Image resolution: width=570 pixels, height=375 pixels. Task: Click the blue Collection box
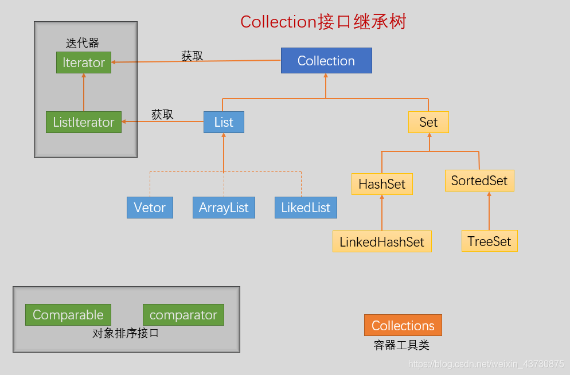(326, 60)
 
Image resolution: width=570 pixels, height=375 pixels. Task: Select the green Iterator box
(84, 62)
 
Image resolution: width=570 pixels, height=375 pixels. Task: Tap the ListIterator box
(84, 122)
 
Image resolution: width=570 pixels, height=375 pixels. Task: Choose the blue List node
(224, 122)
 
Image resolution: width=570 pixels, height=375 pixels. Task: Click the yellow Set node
(428, 122)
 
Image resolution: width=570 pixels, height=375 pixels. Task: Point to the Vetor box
(150, 208)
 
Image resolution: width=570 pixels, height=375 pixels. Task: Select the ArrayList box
(224, 208)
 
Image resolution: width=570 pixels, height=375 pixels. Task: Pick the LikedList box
(306, 208)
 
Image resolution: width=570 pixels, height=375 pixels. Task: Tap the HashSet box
(382, 184)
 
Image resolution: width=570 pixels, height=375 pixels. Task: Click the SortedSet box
(479, 181)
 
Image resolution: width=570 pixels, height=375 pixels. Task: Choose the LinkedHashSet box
(382, 241)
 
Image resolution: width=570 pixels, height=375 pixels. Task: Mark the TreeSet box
(489, 241)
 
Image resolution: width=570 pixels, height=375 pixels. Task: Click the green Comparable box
(68, 315)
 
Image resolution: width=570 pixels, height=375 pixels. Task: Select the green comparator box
(184, 315)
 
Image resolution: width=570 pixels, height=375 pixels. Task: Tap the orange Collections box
(403, 325)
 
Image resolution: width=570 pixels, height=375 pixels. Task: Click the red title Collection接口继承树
(323, 22)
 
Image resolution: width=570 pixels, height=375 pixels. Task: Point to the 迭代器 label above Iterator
(83, 43)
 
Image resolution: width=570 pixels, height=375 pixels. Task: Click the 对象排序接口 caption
(126, 333)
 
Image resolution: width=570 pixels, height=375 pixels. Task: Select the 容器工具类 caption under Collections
(401, 345)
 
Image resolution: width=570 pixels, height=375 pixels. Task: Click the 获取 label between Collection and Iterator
(192, 56)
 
